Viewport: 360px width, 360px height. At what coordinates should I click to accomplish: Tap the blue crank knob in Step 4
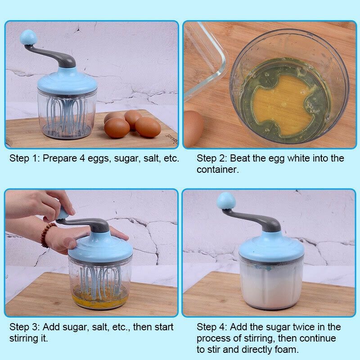click(x=226, y=201)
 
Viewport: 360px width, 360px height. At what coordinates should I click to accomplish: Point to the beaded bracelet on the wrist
click(x=47, y=234)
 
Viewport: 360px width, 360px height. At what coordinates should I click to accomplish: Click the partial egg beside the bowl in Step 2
click(x=193, y=129)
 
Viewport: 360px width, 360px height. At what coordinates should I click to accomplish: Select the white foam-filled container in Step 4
click(x=271, y=284)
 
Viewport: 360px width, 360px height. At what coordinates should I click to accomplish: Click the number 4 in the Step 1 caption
click(x=82, y=158)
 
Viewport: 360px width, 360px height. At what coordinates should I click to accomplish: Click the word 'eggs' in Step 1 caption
click(x=98, y=159)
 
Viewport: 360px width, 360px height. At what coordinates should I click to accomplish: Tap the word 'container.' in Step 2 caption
click(x=218, y=170)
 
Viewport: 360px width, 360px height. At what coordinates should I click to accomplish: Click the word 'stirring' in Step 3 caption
click(x=22, y=339)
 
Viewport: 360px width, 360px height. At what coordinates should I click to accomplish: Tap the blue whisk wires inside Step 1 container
click(x=66, y=115)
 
